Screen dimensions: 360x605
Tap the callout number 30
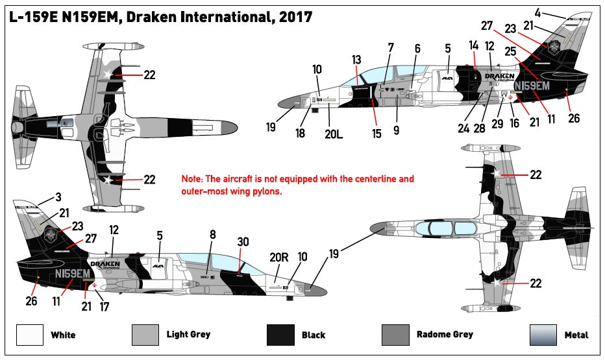tap(243, 241)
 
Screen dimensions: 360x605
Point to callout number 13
tap(357, 60)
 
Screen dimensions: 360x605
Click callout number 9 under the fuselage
tap(396, 130)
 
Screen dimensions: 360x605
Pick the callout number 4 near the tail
tap(537, 11)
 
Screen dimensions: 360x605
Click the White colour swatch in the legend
tap(30, 335)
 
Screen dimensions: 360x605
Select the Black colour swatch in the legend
tap(281, 335)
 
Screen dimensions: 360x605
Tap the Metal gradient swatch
tap(543, 335)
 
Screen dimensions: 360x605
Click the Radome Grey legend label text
tap(445, 335)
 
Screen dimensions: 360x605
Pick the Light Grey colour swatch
tap(145, 335)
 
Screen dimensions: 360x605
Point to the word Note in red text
tap(191, 179)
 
